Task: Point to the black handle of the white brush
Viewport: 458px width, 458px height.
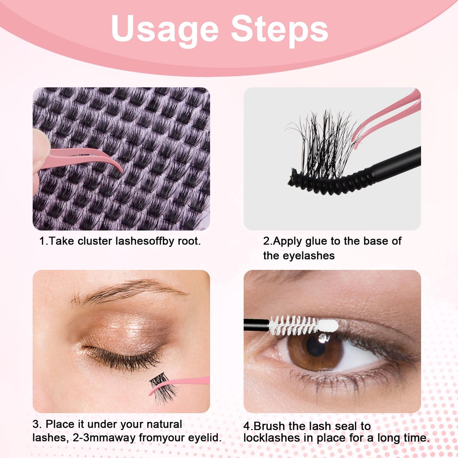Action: pyautogui.click(x=256, y=325)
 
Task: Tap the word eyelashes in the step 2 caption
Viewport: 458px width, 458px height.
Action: pyautogui.click(x=309, y=256)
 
